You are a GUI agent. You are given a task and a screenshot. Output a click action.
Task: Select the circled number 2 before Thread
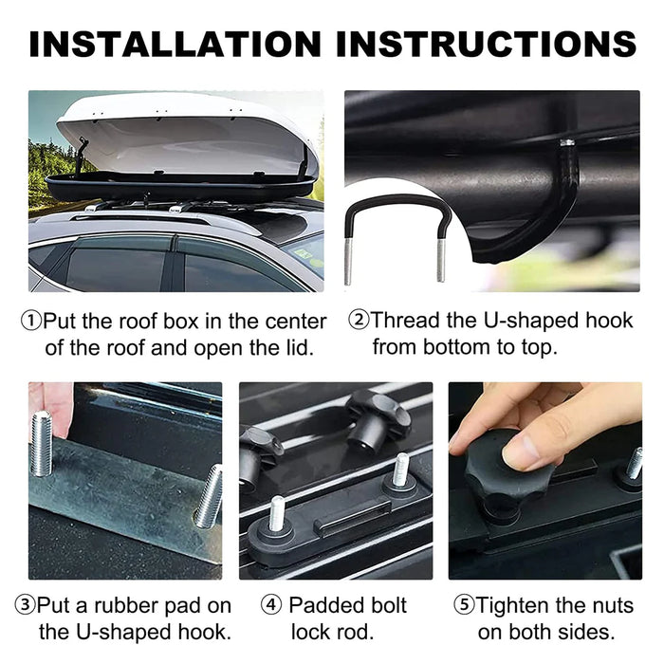(358, 321)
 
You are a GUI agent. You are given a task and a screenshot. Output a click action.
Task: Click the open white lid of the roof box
(185, 133)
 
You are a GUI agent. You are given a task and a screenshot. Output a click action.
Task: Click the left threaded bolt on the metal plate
(41, 443)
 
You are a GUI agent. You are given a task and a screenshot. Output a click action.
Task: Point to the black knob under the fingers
(504, 474)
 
